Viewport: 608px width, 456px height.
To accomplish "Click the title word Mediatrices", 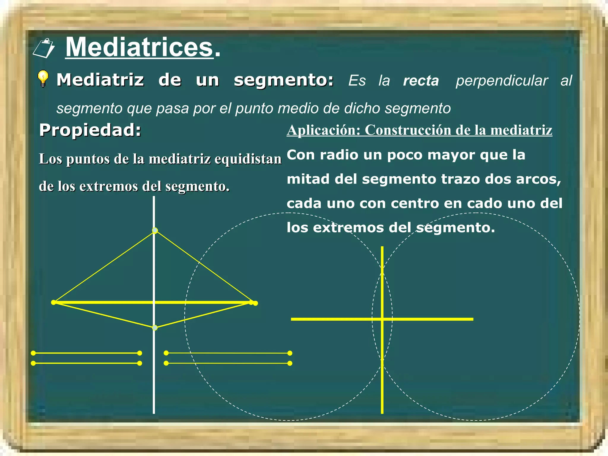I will pos(139,47).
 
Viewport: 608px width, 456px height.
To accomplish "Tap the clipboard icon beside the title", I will pos(44,48).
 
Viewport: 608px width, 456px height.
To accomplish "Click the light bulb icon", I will pos(43,79).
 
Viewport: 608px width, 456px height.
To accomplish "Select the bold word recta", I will pos(421,81).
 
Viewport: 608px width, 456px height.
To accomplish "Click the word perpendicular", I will pos(502,81).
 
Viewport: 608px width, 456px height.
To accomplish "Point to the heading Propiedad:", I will pos(90,130).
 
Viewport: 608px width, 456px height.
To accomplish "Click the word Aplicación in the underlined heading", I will pos(323,130).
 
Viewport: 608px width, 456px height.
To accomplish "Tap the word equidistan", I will pos(248,159).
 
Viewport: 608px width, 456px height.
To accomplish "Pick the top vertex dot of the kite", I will pos(155,230).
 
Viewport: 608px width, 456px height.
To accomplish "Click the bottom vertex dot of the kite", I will pos(155,328).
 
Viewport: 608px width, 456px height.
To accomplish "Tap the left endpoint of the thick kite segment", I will pos(53,302).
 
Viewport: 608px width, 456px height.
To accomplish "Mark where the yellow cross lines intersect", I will pos(382,319).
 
